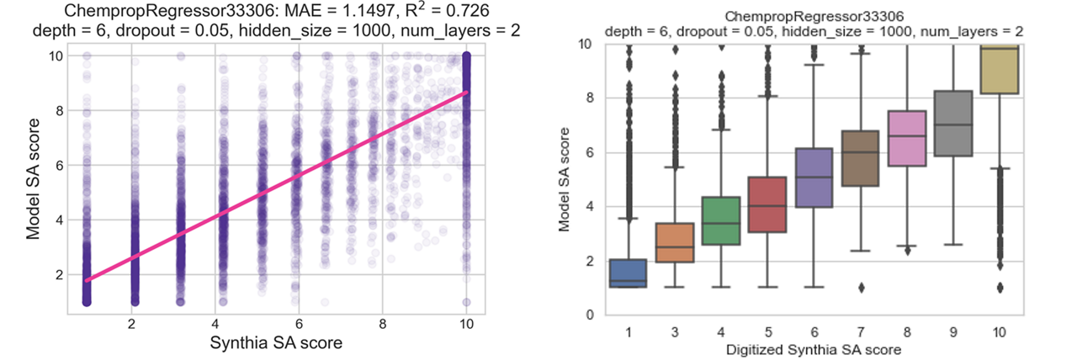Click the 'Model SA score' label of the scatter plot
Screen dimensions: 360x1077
coord(34,180)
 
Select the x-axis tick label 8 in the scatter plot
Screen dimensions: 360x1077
coord(383,324)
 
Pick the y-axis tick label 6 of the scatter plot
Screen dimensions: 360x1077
coord(55,166)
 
